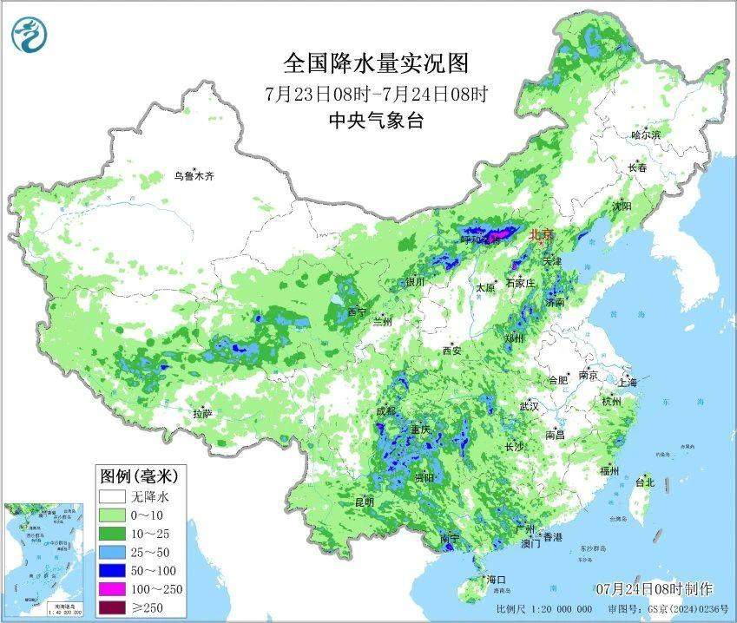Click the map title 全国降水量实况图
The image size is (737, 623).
tap(376, 63)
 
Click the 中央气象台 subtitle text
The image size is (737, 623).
tap(376, 121)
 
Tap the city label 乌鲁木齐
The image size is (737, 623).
tap(193, 175)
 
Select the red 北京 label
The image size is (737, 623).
tap(540, 233)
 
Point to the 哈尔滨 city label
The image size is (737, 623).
tap(646, 134)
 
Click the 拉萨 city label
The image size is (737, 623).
tap(202, 415)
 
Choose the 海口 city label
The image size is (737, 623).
tap(496, 579)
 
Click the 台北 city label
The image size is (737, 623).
tap(644, 482)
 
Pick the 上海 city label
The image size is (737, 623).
tap(627, 382)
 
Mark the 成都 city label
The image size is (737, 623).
tap(386, 410)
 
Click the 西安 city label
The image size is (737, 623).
tap(452, 351)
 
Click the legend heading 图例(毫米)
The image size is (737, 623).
tap(139, 475)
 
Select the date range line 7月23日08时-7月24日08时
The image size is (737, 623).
tap(376, 93)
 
